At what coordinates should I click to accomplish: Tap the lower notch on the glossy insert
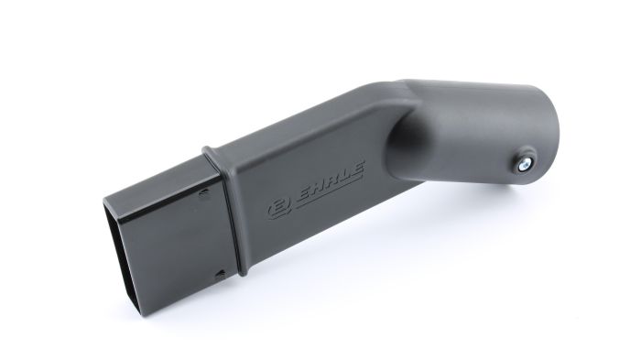click(x=222, y=272)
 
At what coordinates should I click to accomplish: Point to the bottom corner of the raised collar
click(x=240, y=272)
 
